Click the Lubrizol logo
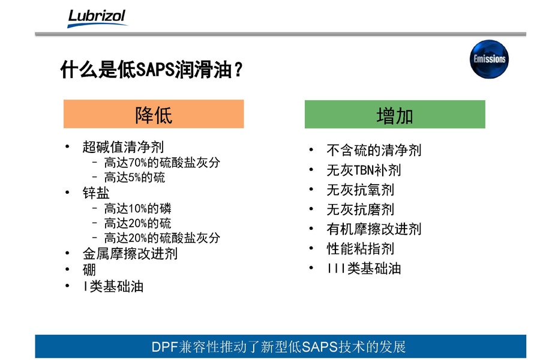pyautogui.click(x=97, y=18)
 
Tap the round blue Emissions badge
pyautogui.click(x=489, y=59)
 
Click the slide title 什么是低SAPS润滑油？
pyautogui.click(x=151, y=69)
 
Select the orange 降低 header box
pyautogui.click(x=154, y=114)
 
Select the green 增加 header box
pyautogui.click(x=395, y=114)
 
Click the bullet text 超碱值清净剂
pyautogui.click(x=123, y=146)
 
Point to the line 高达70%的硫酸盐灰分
pyautogui.click(x=162, y=163)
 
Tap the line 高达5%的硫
pyautogui.click(x=134, y=177)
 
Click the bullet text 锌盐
pyautogui.click(x=96, y=193)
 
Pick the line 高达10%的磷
pyautogui.click(x=138, y=208)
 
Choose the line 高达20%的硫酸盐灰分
pyautogui.click(x=162, y=238)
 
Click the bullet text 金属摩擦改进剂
pyautogui.click(x=130, y=254)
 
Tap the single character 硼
pyautogui.click(x=89, y=269)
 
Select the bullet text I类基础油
pyautogui.click(x=113, y=286)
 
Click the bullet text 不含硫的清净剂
pyautogui.click(x=374, y=150)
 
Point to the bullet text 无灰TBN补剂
pyautogui.click(x=364, y=170)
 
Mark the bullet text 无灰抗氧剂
pyautogui.click(x=360, y=190)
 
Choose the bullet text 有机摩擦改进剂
pyautogui.click(x=374, y=229)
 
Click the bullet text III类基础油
pyautogui.click(x=364, y=268)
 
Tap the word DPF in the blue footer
pyautogui.click(x=165, y=347)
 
